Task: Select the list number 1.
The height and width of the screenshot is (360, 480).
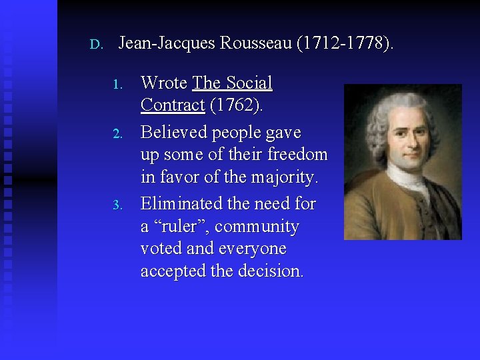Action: coord(117,85)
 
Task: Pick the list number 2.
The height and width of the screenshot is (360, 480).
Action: coord(117,134)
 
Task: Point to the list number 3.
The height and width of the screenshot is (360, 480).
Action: coord(117,205)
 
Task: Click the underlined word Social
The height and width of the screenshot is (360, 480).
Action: coord(249,83)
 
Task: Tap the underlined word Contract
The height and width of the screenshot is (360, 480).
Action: coord(172,105)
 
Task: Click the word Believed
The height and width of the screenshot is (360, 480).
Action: coord(174,133)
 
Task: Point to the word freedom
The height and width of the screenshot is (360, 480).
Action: coord(297,155)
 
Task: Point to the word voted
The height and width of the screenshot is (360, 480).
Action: coord(161,249)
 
